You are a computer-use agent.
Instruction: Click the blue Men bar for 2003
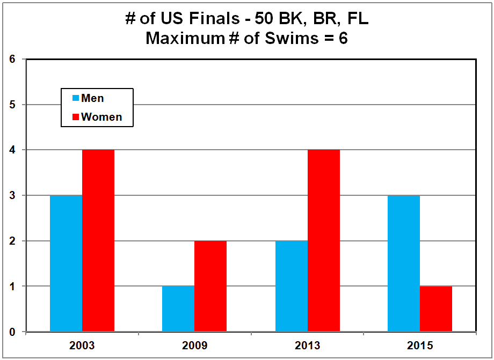coord(66,263)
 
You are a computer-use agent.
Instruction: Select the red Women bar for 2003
coord(98,241)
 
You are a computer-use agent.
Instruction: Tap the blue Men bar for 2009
coord(178,309)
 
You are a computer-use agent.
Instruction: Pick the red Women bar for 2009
coord(210,286)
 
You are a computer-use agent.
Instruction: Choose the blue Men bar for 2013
coord(292,286)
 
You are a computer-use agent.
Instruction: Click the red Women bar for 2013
coord(324,241)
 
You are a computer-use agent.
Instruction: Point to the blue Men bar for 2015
coord(404,263)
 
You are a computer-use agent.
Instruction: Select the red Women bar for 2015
coord(436,309)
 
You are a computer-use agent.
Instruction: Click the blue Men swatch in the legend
coord(76,98)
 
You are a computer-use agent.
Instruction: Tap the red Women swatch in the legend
coord(76,116)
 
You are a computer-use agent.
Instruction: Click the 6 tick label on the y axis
coord(12,59)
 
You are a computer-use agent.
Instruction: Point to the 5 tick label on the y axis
coord(12,105)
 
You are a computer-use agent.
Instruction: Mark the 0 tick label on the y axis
coord(12,332)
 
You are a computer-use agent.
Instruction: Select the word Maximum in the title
coord(181,39)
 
